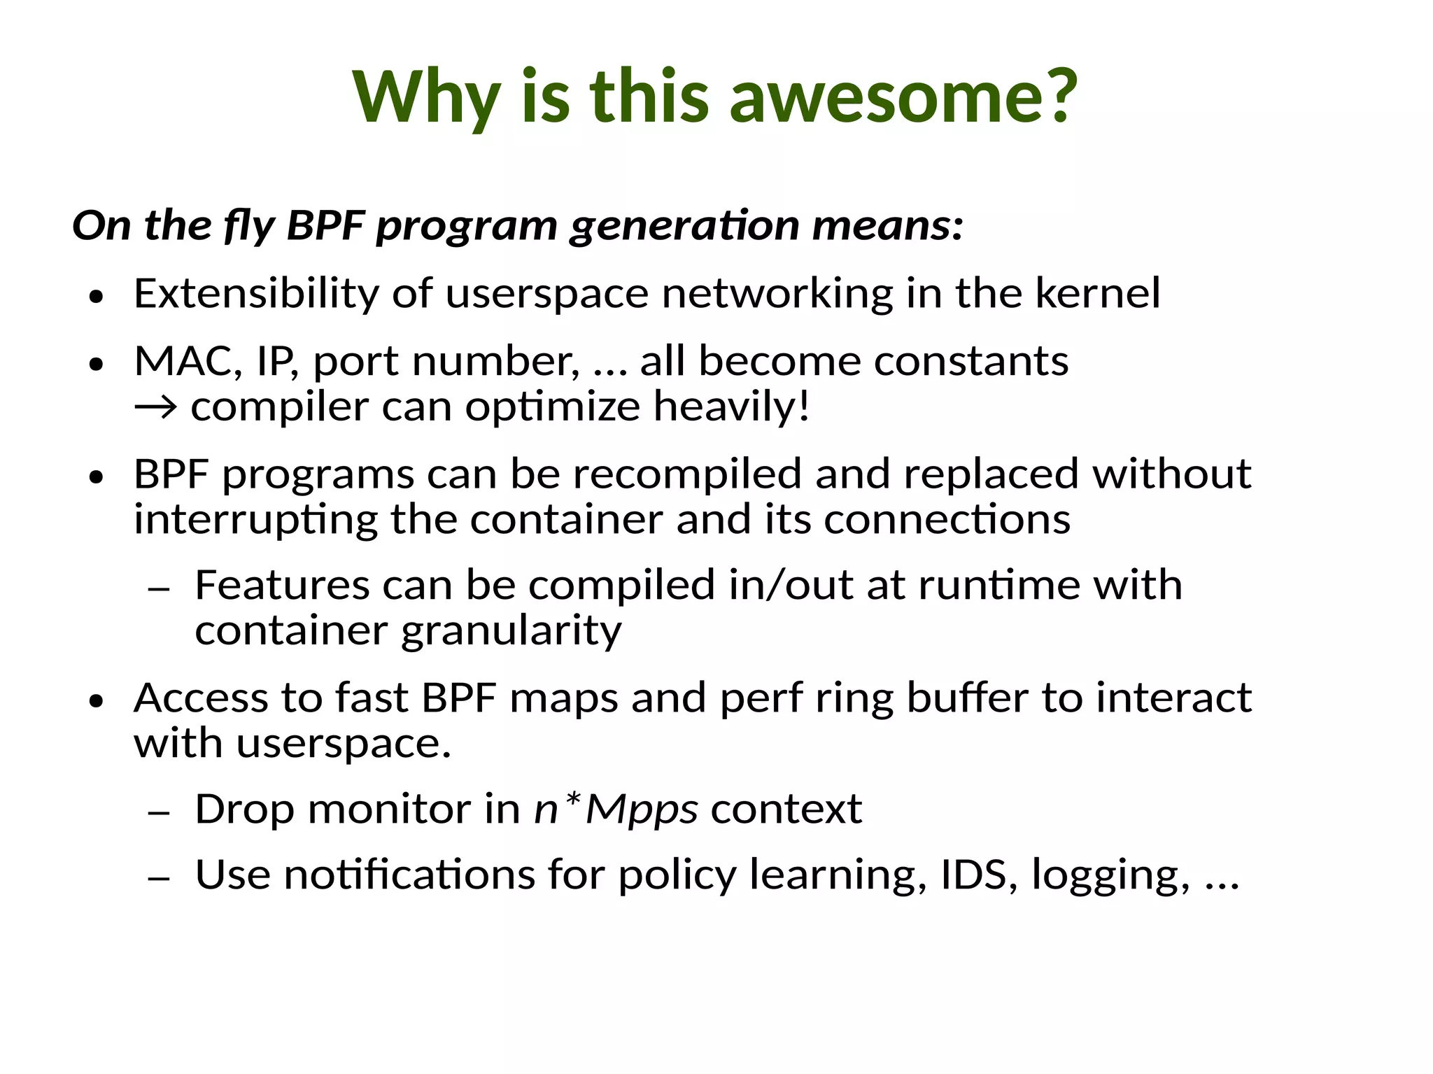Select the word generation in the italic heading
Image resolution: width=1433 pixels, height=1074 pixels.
(x=684, y=226)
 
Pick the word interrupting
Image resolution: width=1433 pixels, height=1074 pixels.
(x=255, y=521)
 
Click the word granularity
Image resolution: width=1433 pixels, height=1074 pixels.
(x=511, y=632)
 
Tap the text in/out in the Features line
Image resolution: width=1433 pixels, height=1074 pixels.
(x=791, y=585)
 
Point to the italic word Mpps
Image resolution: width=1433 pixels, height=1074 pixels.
(x=642, y=810)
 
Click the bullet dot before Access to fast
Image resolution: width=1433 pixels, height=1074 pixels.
(x=97, y=701)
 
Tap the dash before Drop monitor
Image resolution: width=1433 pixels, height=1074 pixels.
(x=159, y=813)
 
